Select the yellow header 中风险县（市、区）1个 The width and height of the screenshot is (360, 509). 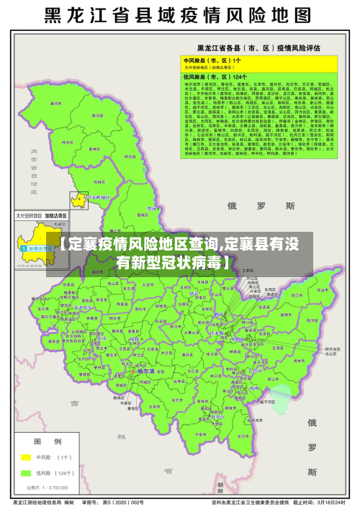click(x=212, y=60)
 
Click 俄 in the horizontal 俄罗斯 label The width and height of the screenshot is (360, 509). click(x=233, y=205)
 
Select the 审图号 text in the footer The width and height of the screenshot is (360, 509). click(x=91, y=502)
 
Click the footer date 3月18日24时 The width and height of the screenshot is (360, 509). click(x=333, y=502)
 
